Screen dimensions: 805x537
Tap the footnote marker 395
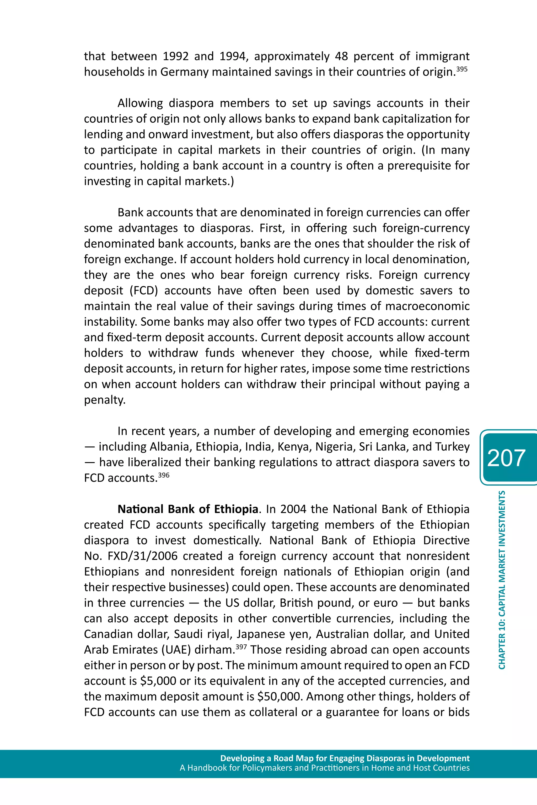[x=462, y=69]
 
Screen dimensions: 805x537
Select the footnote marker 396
[x=164, y=475]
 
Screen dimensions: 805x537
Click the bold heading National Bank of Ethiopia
[x=188, y=509]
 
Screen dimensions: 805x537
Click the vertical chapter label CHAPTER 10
[x=502, y=580]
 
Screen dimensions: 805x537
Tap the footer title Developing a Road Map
[x=345, y=758]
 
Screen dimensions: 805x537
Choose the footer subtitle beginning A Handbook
[x=324, y=768]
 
